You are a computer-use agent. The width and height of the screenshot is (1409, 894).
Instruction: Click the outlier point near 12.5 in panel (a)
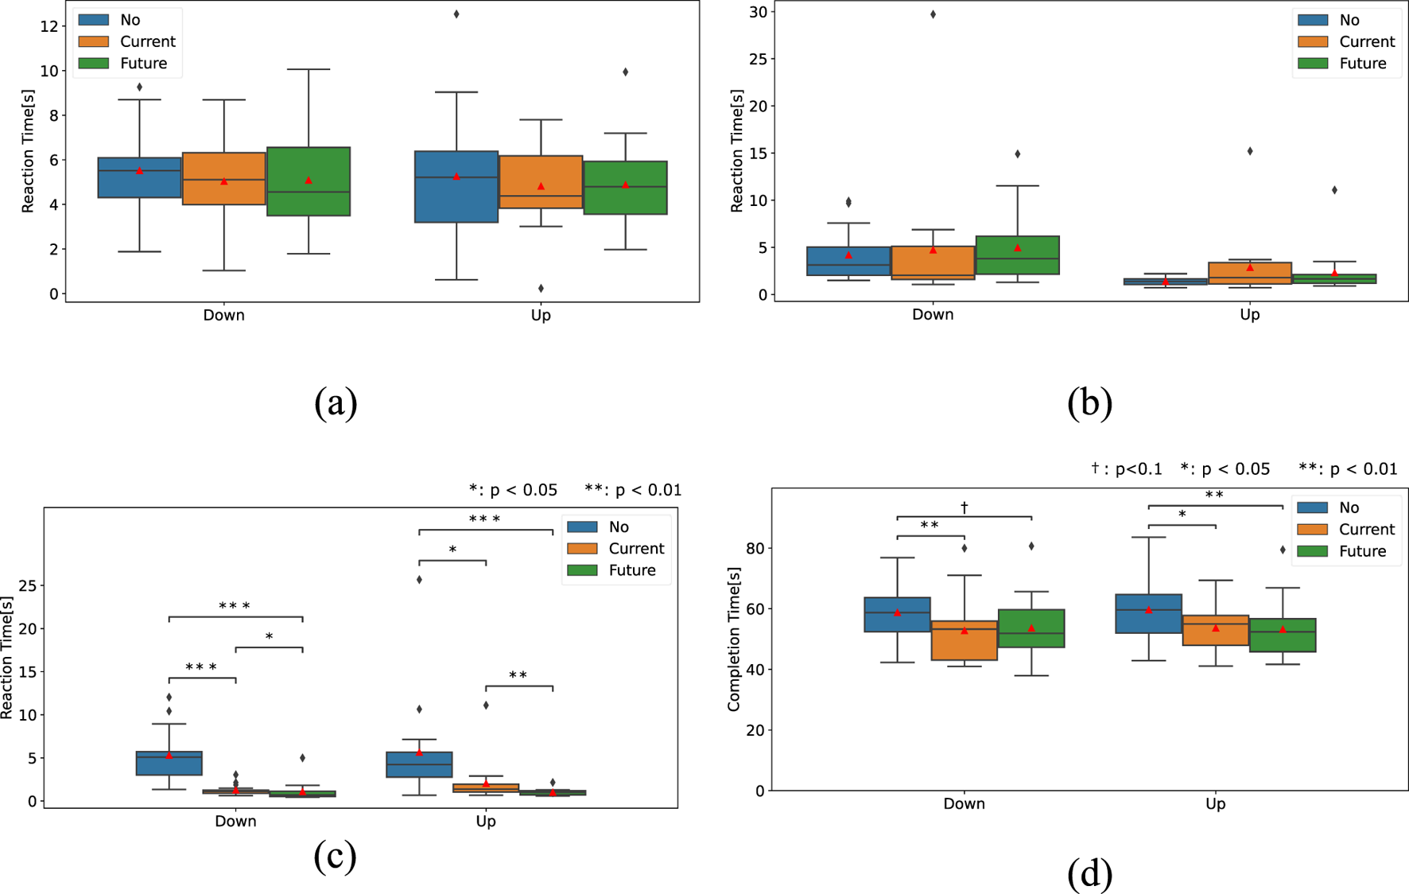tap(456, 14)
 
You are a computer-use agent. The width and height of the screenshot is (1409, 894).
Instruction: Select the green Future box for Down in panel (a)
tap(309, 181)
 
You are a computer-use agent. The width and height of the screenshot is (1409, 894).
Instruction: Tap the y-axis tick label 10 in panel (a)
tap(49, 71)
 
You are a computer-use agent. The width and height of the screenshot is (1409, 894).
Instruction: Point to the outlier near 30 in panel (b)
tap(933, 14)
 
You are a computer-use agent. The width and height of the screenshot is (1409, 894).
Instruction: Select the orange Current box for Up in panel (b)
tap(1250, 273)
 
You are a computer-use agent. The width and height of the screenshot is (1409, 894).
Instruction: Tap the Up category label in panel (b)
tap(1249, 314)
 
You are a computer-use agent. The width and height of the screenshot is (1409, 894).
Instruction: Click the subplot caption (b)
tap(1089, 402)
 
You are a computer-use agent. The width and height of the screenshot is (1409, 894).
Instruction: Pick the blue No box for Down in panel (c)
tap(169, 763)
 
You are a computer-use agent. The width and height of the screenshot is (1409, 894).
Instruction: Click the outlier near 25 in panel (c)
tap(419, 579)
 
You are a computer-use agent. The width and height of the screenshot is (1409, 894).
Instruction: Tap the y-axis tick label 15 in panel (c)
tap(27, 671)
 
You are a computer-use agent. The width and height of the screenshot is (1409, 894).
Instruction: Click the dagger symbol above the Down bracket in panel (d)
tap(964, 507)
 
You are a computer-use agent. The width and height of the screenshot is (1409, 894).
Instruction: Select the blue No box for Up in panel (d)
tap(1148, 613)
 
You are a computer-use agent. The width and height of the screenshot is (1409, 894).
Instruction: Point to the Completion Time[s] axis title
tap(733, 639)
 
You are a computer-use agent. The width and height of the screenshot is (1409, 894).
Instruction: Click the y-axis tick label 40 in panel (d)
tap(755, 669)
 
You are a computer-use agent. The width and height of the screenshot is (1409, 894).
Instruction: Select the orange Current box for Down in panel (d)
tap(964, 640)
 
